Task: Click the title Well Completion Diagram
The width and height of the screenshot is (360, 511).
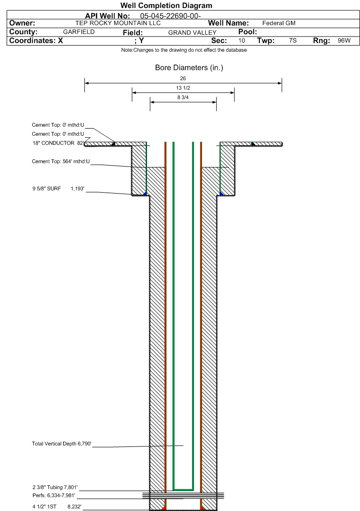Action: coord(166,6)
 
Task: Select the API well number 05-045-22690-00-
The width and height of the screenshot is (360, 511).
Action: coord(167,16)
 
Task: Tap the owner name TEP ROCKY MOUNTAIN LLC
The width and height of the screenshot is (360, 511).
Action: coord(118,23)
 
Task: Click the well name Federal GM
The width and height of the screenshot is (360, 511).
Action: coord(279,23)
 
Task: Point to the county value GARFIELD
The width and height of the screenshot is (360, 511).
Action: coord(79,32)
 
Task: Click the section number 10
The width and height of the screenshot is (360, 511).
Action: coord(241,41)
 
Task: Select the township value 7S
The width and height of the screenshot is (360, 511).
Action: coord(293,41)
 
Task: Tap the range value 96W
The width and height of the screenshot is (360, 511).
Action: coord(344,41)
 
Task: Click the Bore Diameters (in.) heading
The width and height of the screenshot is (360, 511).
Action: coord(189,68)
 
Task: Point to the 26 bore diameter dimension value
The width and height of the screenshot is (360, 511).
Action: coord(183,78)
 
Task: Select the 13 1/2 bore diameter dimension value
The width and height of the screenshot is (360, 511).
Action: coord(183,88)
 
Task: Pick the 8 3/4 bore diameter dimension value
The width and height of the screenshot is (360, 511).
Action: coord(183,98)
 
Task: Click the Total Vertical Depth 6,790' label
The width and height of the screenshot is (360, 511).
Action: coord(61,444)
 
